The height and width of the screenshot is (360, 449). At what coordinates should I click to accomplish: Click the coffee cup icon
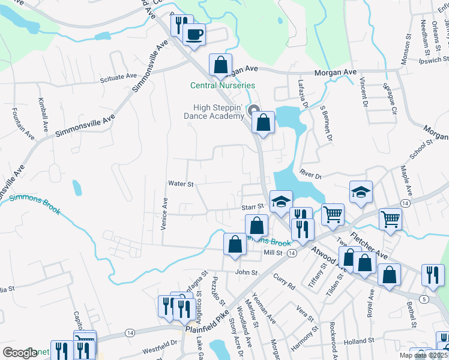[193, 34]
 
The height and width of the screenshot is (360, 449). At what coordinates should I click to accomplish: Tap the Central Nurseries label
[223, 86]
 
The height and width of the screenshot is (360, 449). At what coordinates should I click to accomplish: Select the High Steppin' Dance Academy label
[213, 112]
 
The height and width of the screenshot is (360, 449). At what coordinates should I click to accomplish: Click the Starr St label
[253, 206]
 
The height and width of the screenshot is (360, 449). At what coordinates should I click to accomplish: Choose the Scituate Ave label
[119, 77]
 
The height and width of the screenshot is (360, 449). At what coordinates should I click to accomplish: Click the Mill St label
[273, 253]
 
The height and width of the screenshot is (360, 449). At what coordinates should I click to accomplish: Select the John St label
[246, 272]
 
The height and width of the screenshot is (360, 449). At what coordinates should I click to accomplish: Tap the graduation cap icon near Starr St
[280, 202]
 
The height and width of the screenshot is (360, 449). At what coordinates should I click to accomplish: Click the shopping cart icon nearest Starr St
[332, 214]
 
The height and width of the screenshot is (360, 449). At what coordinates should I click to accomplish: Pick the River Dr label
[311, 176]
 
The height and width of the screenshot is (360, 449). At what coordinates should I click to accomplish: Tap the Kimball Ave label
[43, 115]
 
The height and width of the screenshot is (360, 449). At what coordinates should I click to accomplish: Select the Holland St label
[362, 340]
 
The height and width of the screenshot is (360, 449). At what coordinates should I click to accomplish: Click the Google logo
[19, 353]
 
